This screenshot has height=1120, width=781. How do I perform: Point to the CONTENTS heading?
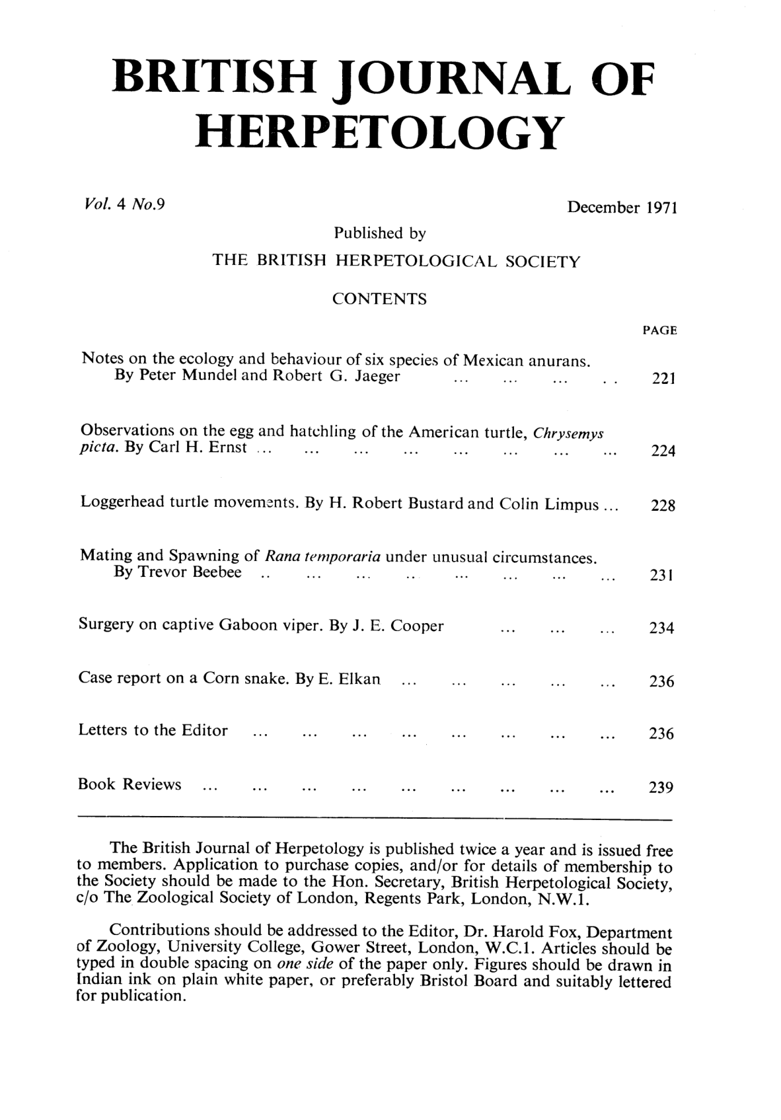coord(379,300)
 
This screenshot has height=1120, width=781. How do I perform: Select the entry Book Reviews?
coord(130,785)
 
